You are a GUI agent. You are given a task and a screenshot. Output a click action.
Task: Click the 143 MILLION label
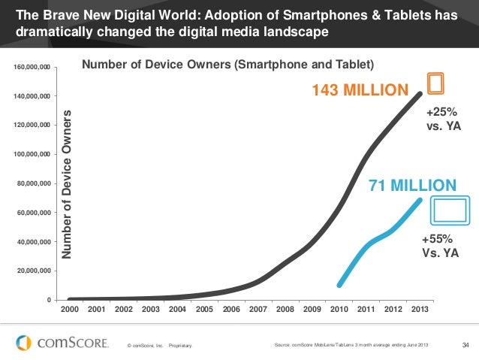[x=359, y=91]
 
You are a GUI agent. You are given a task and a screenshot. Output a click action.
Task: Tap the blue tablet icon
[x=449, y=211]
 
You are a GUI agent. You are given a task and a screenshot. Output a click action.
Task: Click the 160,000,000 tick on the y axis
[x=32, y=68]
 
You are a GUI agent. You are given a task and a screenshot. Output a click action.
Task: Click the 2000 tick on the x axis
[x=69, y=309]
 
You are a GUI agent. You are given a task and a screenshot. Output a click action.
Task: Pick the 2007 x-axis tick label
[x=258, y=309]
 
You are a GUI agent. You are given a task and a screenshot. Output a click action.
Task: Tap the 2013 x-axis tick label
[x=420, y=309]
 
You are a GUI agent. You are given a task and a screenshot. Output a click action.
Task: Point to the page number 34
[x=465, y=345]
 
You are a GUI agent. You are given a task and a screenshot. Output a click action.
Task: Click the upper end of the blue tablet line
[x=419, y=200]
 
